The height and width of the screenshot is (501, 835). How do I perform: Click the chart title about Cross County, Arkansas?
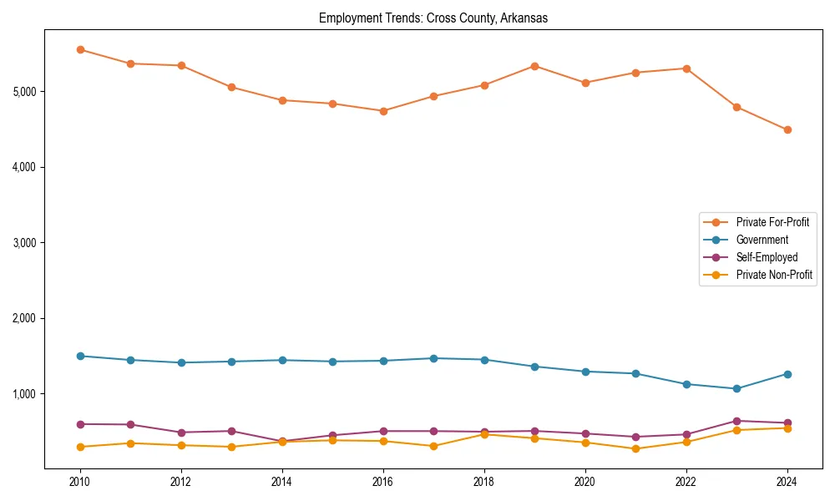433,18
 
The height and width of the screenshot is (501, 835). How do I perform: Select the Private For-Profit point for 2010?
80,49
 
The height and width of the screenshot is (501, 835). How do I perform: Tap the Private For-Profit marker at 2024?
787,129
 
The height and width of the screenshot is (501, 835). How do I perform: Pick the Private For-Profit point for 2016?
383,111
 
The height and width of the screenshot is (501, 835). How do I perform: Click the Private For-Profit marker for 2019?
534,66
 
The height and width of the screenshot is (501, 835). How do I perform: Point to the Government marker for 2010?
80,356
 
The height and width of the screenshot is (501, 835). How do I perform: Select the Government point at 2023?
736,388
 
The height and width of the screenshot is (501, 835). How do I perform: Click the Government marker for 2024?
787,374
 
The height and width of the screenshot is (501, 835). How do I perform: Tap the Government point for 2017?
433,358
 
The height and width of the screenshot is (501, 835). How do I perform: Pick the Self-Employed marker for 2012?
181,433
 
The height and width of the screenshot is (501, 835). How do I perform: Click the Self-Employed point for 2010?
80,424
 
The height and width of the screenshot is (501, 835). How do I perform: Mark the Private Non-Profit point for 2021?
635,448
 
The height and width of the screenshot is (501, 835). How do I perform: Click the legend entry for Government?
762,240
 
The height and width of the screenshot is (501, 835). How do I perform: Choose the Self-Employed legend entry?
767,257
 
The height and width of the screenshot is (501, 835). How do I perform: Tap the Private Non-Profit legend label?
774,275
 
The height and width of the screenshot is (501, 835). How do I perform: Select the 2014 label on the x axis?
282,482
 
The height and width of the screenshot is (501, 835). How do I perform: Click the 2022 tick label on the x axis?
686,482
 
